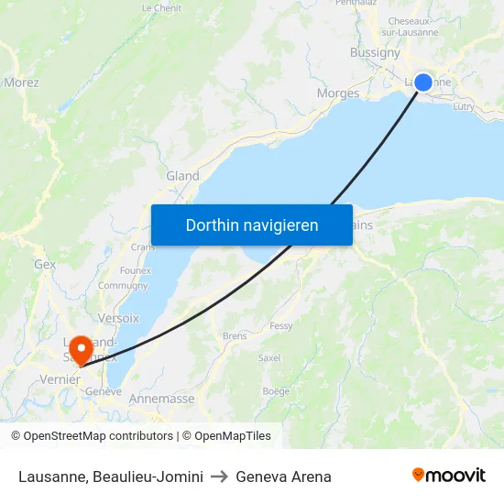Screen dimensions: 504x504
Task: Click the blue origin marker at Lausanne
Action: tap(423, 82)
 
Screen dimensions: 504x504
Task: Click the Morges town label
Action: tap(337, 93)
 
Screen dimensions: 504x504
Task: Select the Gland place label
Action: tap(182, 176)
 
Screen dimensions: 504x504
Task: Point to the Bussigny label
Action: tap(375, 52)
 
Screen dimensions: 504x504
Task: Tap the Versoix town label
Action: tap(117, 318)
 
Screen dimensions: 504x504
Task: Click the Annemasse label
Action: tap(161, 399)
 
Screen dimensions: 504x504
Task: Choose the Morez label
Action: tap(21, 82)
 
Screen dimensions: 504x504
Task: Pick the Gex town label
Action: tap(45, 264)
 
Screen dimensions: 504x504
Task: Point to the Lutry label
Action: tap(463, 107)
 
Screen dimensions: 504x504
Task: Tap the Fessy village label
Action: tap(280, 326)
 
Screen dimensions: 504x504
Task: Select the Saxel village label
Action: tap(268, 358)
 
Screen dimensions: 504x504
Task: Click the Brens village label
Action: tap(235, 336)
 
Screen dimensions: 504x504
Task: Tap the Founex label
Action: tap(136, 270)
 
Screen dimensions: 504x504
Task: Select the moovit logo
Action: tap(449, 476)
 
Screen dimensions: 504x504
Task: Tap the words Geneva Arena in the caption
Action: tap(283, 477)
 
